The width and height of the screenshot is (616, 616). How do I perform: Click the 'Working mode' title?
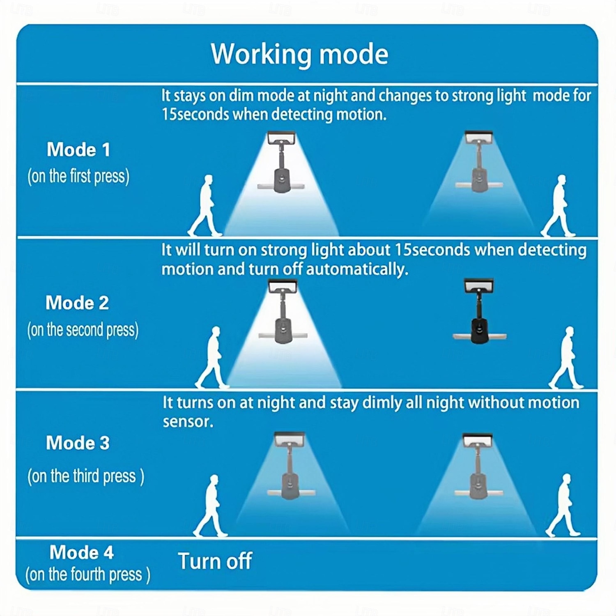point(299,54)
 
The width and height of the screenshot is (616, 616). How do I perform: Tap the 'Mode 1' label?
point(78,149)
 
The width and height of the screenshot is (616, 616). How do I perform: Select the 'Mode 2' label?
point(77,303)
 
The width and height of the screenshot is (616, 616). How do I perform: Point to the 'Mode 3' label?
point(78,443)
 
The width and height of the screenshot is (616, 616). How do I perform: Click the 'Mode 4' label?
point(81,552)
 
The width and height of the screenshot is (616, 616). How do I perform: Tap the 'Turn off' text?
point(215,561)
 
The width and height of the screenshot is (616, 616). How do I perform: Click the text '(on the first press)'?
point(78,177)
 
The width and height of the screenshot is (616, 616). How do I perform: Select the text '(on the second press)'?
point(83,330)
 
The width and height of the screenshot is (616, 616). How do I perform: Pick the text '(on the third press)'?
point(86,476)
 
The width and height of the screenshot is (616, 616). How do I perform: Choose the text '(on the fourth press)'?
point(88,575)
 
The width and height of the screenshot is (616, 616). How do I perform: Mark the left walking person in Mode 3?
point(210,506)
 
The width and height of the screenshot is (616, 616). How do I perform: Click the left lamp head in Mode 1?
point(281,138)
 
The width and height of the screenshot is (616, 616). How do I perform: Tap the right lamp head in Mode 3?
point(477,440)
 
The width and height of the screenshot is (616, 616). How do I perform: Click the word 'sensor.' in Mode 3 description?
point(188,422)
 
